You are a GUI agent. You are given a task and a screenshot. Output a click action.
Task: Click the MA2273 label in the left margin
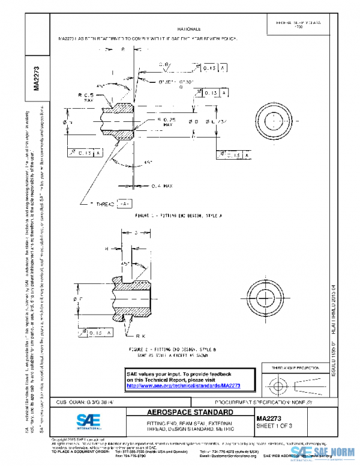[37, 78]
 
